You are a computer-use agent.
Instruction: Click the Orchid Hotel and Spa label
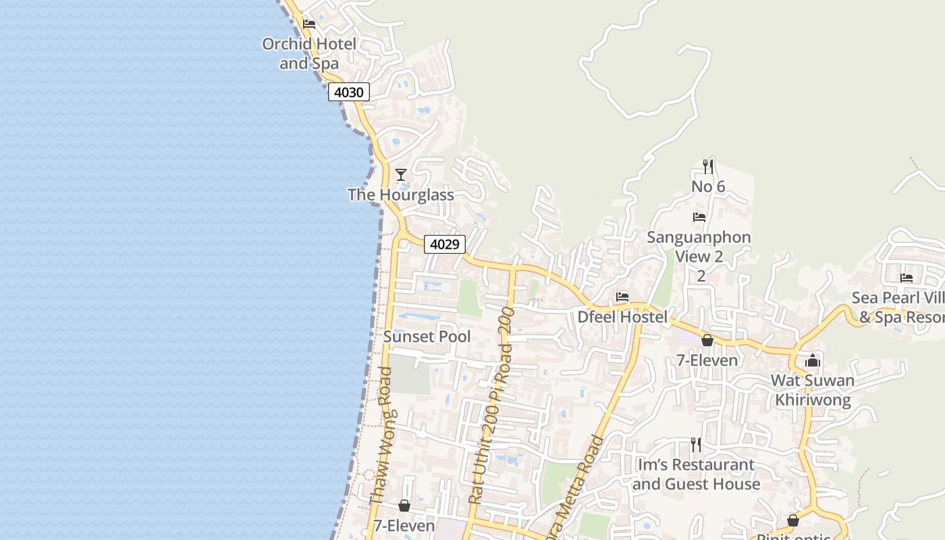point(309,54)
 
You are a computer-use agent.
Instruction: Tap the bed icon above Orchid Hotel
point(309,24)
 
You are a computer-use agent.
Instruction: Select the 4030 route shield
point(349,92)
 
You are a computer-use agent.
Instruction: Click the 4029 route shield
point(445,244)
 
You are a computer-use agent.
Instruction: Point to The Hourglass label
point(400,195)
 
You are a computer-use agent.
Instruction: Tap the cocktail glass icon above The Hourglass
point(401,175)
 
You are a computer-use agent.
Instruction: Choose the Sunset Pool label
point(427,336)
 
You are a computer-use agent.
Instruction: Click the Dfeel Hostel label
point(622,317)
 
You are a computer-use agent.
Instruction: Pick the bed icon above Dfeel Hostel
point(622,296)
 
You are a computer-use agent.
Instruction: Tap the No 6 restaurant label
point(708,186)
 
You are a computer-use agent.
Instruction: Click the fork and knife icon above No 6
point(708,166)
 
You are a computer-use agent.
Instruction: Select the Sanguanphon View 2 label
point(699,247)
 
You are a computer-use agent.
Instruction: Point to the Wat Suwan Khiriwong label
point(813,389)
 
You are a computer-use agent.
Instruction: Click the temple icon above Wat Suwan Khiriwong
point(813,361)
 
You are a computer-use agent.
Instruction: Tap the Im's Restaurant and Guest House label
point(695,475)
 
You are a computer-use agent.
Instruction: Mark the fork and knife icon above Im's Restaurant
point(696,444)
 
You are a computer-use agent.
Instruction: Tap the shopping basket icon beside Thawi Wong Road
point(404,505)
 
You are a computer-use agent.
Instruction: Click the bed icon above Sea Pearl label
point(907,278)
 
